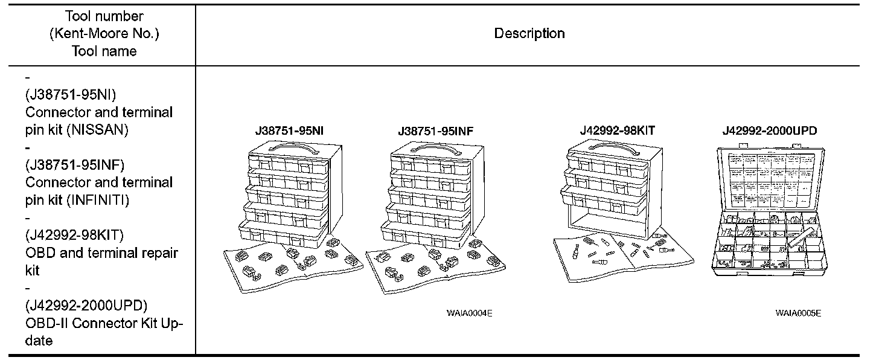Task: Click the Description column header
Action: coord(529,33)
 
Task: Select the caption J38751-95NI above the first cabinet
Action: coord(291,130)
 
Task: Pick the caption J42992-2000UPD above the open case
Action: coord(770,130)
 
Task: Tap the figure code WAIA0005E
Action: coord(798,313)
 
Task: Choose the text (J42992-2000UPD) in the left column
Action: coord(86,305)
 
